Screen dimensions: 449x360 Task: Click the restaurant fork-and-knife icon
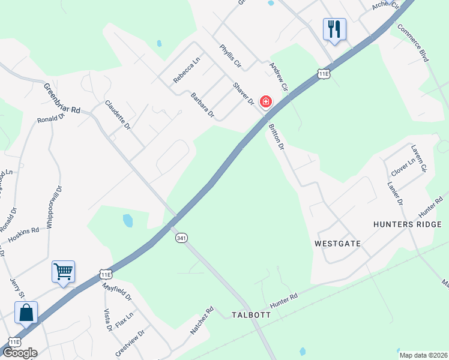click(334, 29)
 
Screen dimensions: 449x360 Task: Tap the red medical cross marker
click(265, 102)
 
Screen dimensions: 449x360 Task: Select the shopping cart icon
click(63, 272)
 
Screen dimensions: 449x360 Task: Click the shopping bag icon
click(26, 313)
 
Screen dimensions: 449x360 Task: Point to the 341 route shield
click(181, 238)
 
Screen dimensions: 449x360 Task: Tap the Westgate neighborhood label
click(337, 244)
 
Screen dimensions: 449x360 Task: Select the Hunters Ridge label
click(407, 224)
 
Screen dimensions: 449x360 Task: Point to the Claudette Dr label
click(118, 115)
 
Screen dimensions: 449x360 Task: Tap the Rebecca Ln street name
click(186, 70)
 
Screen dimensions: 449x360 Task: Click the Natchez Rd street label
click(202, 321)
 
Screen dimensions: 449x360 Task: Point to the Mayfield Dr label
click(116, 290)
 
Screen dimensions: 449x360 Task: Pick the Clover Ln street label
click(403, 164)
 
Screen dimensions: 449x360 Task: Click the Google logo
click(20, 353)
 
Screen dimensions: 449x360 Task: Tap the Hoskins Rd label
click(23, 235)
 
